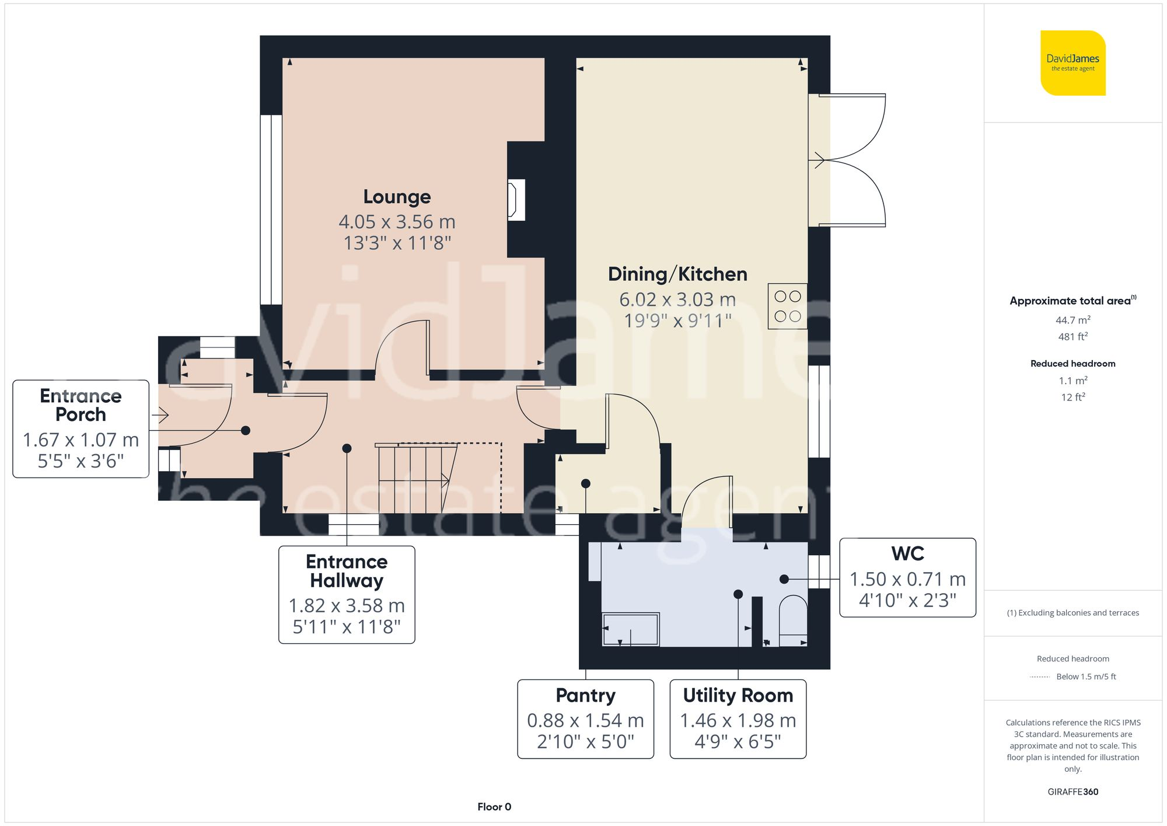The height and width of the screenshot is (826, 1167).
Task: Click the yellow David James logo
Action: click(1072, 63)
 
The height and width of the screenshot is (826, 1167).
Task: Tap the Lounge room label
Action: click(397, 197)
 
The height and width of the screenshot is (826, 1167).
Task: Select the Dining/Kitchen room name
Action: click(677, 274)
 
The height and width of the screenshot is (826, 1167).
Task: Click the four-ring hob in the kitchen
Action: click(787, 306)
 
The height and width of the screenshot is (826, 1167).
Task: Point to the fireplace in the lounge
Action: click(516, 200)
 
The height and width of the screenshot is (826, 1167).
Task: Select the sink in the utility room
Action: click(630, 629)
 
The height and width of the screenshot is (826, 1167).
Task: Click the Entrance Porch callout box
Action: click(81, 428)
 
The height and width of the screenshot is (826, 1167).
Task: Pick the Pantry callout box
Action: click(585, 719)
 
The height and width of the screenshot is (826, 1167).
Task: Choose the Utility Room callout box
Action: click(738, 719)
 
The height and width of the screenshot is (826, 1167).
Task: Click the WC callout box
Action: click(907, 577)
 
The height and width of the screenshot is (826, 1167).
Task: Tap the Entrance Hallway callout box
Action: click(347, 594)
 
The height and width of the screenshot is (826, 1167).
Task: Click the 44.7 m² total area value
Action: click(1072, 320)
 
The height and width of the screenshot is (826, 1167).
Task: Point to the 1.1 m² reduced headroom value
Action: click(1072, 381)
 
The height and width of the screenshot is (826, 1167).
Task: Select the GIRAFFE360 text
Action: click(1072, 792)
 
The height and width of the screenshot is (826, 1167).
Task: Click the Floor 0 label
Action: click(494, 807)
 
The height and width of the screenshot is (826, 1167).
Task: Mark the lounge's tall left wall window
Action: click(271, 209)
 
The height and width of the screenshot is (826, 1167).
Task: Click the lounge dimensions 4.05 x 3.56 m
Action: click(397, 222)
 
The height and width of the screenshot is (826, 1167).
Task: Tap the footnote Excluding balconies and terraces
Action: click(1072, 612)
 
